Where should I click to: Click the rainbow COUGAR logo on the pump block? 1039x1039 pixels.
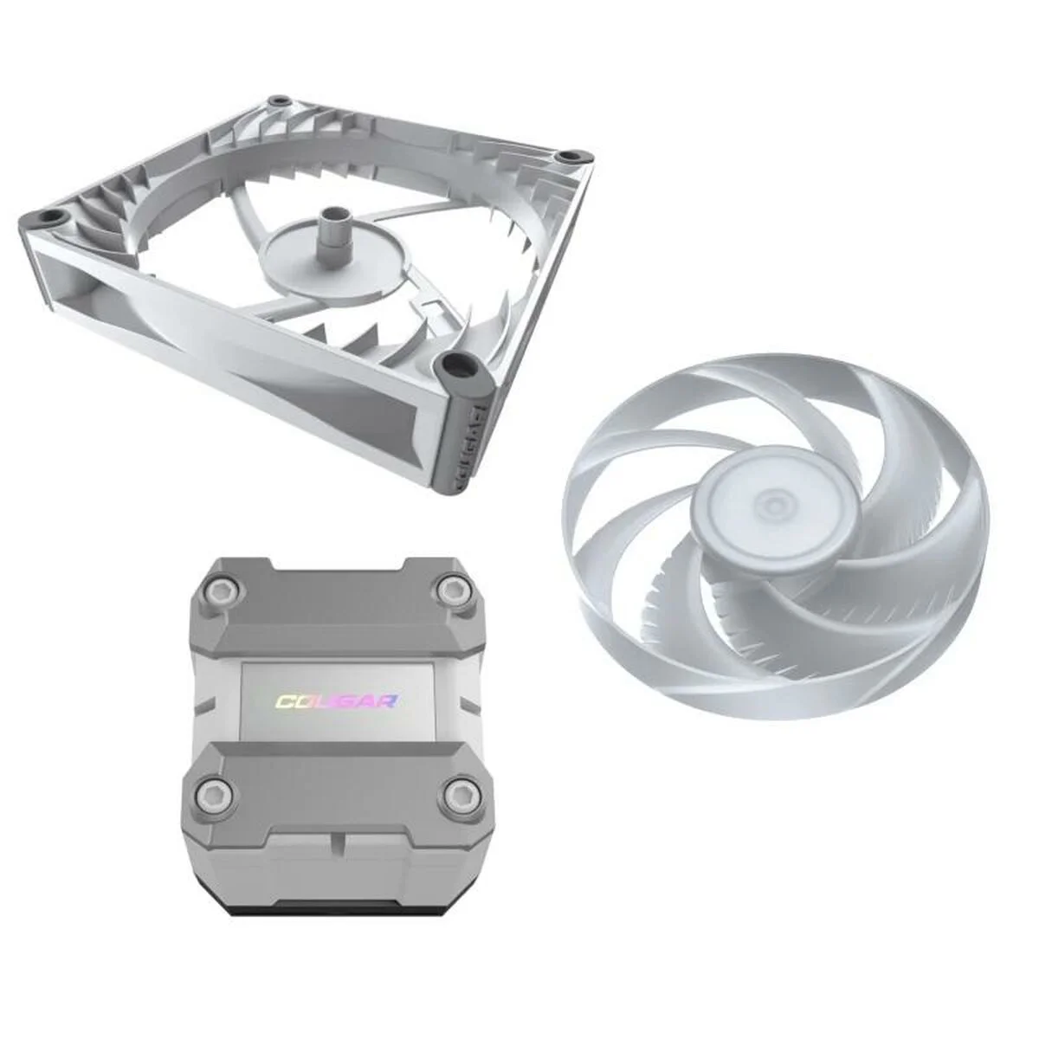[339, 700]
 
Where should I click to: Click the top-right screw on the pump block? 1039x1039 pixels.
[451, 591]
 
